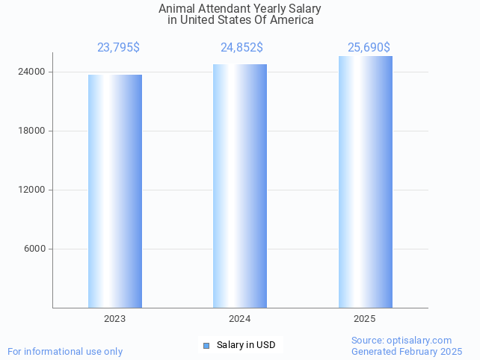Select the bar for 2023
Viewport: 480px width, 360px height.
tap(114, 191)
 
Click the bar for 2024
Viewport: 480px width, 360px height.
tap(239, 186)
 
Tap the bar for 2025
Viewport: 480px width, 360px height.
tap(365, 182)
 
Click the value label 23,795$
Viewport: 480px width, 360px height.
tap(118, 48)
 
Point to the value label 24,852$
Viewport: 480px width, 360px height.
tap(241, 48)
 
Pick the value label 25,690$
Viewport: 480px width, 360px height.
tap(369, 48)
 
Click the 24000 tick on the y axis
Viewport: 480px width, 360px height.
tap(31, 72)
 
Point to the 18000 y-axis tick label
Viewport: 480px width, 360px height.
tap(31, 131)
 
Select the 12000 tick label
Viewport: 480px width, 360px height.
tap(31, 190)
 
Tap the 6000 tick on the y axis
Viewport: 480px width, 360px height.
tap(34, 249)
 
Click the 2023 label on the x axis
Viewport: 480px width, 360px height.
tap(114, 319)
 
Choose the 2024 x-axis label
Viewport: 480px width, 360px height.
tap(239, 319)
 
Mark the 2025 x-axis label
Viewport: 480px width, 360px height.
tap(365, 319)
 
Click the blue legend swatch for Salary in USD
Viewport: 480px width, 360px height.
tap(206, 345)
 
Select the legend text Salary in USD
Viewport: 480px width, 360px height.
tap(246, 345)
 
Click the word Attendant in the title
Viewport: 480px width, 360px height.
tap(221, 9)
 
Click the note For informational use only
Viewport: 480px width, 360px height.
tap(65, 351)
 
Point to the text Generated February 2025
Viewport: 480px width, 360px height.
tap(407, 351)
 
